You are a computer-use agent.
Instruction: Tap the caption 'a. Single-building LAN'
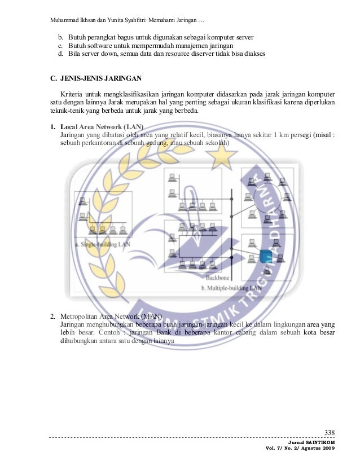pos(100,245)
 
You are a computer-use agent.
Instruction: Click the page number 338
pos(330,433)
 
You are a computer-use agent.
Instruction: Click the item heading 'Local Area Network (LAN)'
pos(102,126)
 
